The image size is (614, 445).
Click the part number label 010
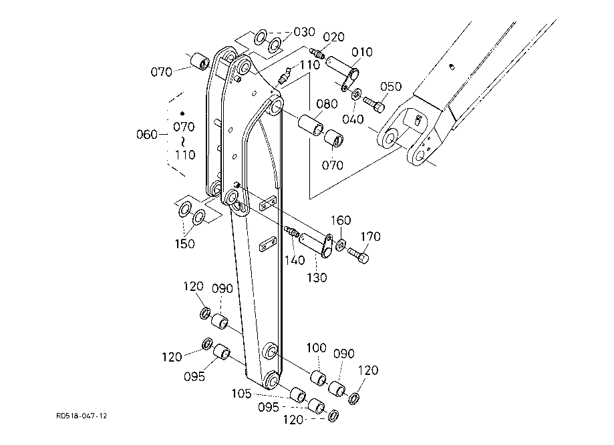(x=362, y=52)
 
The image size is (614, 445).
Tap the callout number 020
(x=333, y=37)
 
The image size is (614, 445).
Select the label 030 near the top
(x=304, y=32)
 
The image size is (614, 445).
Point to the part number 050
(x=390, y=87)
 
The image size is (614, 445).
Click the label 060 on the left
(x=147, y=135)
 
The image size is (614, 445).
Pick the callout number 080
(x=327, y=104)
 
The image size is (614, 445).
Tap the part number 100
(x=317, y=348)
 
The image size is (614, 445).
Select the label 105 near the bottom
(x=242, y=394)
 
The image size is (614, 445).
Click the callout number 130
(x=317, y=278)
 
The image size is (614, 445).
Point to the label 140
(x=295, y=260)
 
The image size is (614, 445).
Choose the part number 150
(x=184, y=244)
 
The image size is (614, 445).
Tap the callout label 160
(x=341, y=221)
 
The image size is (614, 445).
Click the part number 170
(x=370, y=237)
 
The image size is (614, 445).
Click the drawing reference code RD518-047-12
(x=82, y=416)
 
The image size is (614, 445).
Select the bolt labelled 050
(x=374, y=104)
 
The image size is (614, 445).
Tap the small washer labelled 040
(x=357, y=94)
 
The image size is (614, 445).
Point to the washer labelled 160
(x=341, y=245)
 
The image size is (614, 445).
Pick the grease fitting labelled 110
(x=284, y=76)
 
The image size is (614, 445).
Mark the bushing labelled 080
(x=311, y=125)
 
